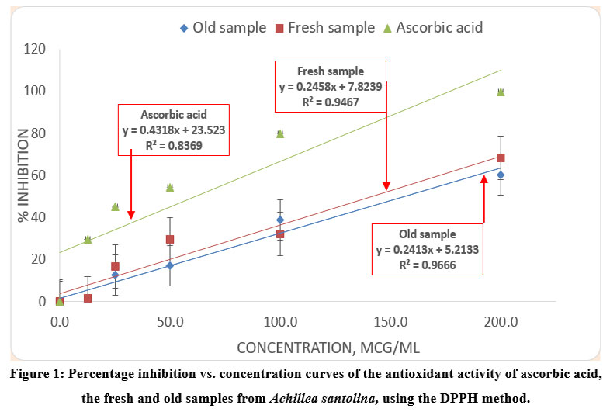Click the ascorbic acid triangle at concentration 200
click(x=501, y=92)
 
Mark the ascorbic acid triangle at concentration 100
click(x=280, y=133)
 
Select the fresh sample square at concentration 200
click(x=501, y=158)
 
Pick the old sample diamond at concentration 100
click(x=280, y=220)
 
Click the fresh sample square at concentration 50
click(x=170, y=239)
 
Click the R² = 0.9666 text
click(x=428, y=264)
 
